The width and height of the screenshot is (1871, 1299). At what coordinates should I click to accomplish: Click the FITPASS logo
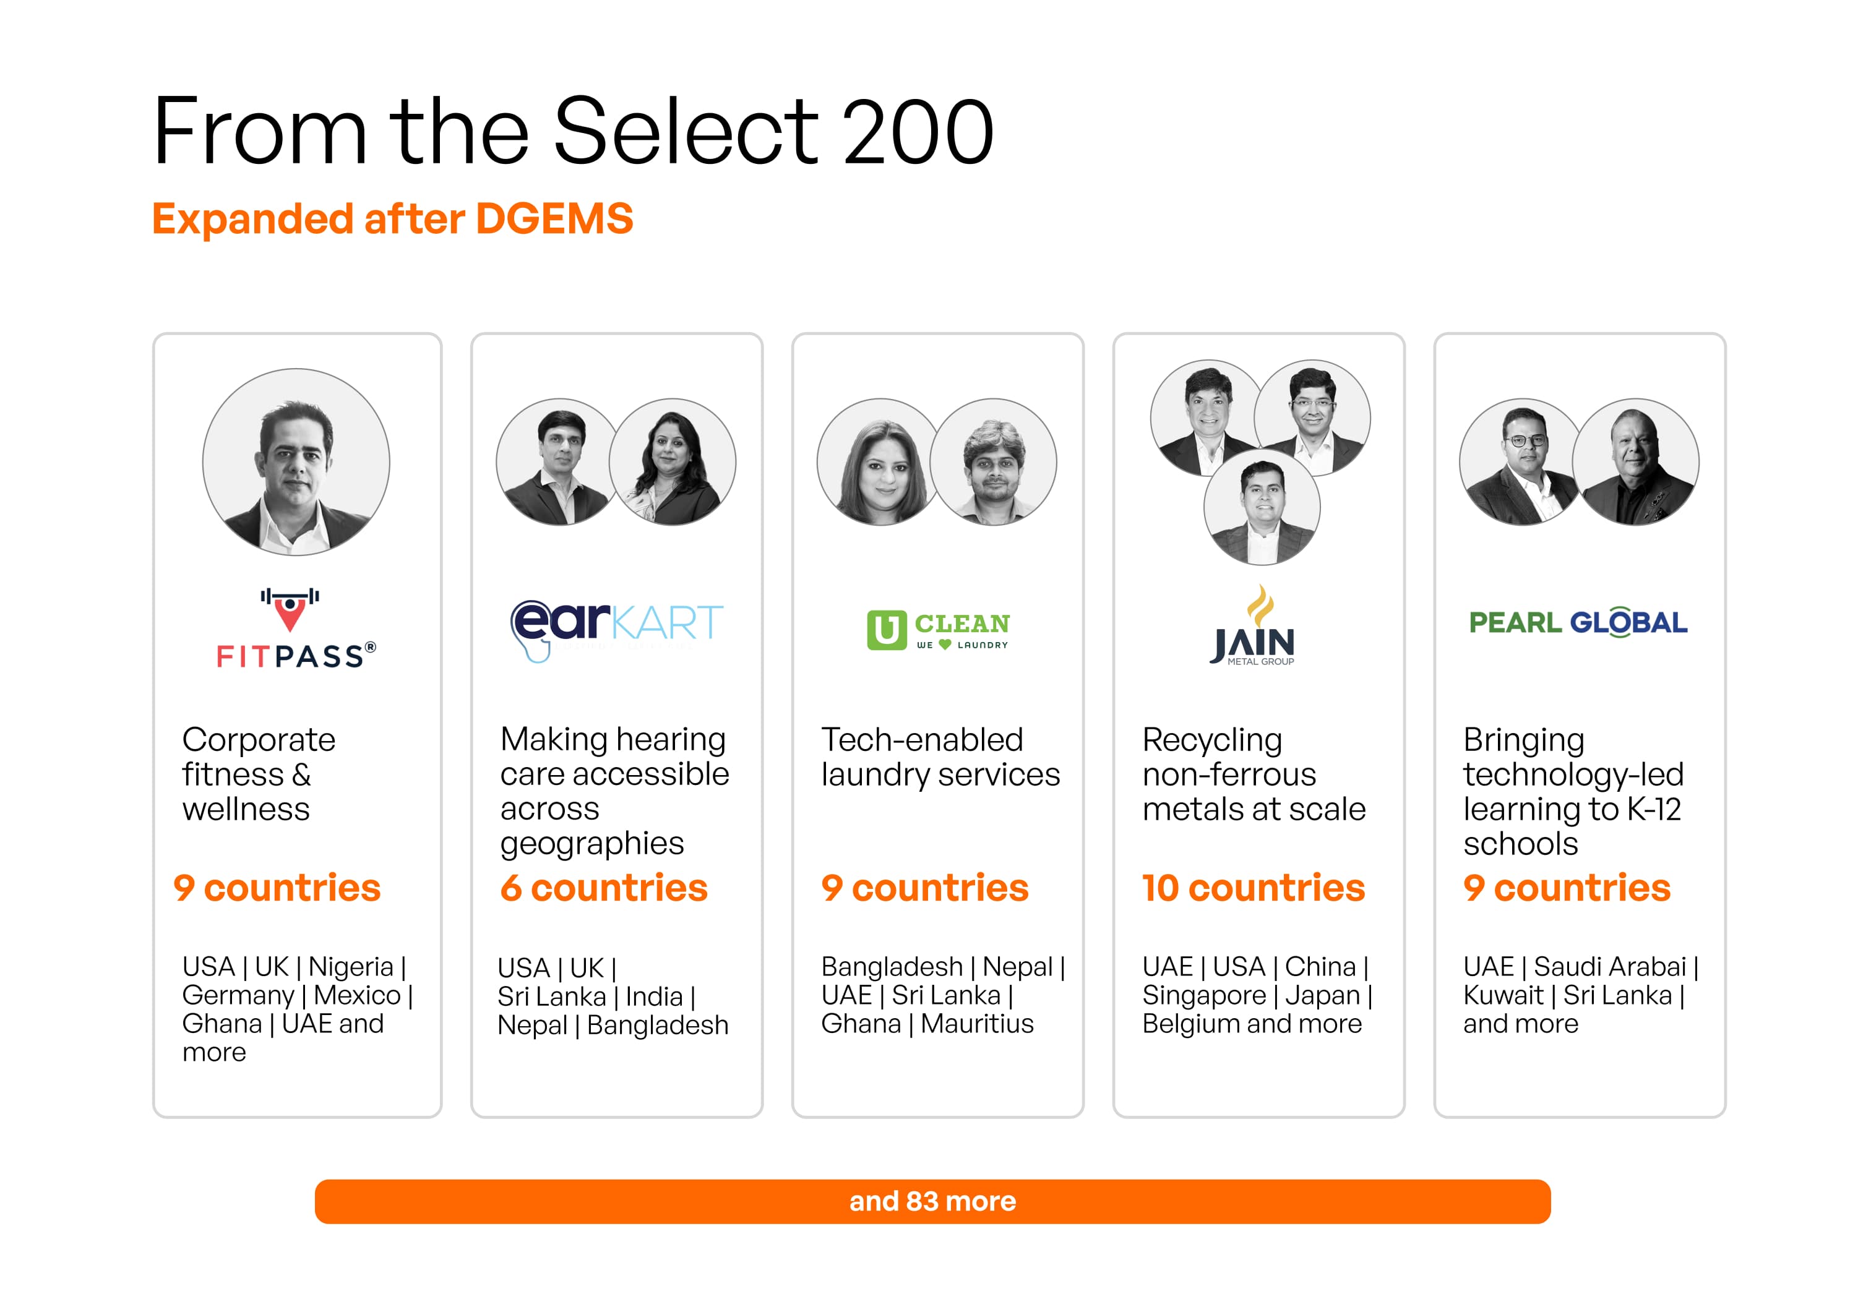pos(296,627)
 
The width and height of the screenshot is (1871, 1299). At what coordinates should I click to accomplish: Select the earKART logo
pos(616,630)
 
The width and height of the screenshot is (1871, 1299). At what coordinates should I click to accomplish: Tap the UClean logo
pos(938,630)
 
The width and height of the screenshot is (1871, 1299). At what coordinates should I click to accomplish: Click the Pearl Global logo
pos(1578,623)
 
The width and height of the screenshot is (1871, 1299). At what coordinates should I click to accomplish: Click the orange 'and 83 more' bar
pos(932,1201)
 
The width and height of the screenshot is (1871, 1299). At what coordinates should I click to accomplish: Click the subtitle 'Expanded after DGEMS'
pos(392,219)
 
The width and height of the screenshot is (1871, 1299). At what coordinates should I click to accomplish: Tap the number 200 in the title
pos(918,131)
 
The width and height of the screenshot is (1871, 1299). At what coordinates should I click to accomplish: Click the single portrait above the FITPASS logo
pos(296,462)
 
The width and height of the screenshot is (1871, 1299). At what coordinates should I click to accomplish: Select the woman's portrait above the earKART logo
pos(673,461)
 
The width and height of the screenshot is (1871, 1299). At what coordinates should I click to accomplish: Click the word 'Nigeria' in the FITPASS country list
pos(351,967)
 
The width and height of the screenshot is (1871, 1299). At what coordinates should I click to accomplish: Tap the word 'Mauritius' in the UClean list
pos(977,1023)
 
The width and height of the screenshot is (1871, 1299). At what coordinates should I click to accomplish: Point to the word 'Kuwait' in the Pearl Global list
pos(1503,995)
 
